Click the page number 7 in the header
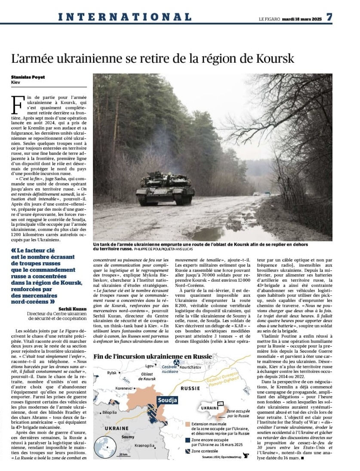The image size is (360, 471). point(329,17)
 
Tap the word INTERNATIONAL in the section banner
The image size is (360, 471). point(125,17)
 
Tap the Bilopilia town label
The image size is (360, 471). point(109,412)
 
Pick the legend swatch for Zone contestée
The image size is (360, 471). point(188,451)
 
